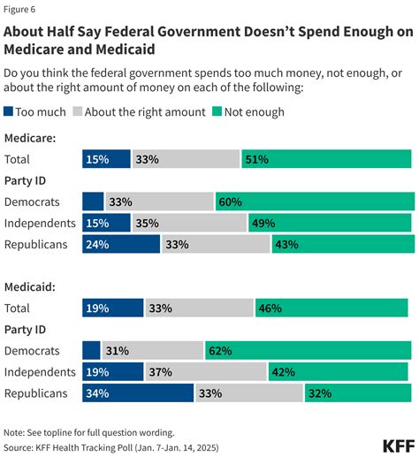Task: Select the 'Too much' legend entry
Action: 34,112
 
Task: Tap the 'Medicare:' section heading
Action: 31,138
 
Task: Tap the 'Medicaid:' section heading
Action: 31,286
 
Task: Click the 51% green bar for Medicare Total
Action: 325,159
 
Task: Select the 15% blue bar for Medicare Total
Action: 106,159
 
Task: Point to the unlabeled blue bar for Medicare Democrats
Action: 93,202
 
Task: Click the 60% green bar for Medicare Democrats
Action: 314,202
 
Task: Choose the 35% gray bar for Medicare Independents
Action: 190,223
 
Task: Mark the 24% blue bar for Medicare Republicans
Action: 121,244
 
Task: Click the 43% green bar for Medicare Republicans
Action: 342,244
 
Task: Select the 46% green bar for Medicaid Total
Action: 331,308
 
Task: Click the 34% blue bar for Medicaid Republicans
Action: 137,392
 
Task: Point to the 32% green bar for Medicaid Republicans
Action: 357,392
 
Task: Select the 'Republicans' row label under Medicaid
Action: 35,392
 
